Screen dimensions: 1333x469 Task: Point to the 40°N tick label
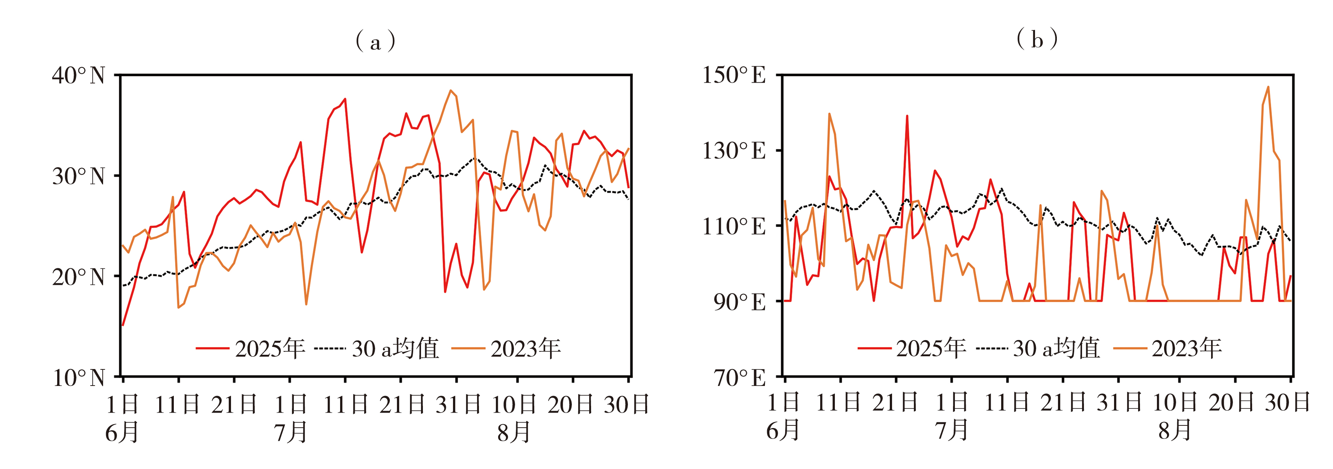(79, 76)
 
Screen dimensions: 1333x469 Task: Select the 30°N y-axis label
(79, 176)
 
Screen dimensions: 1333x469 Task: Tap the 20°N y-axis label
(79, 277)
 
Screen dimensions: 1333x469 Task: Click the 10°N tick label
(79, 378)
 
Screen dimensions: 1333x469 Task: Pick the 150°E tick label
(734, 76)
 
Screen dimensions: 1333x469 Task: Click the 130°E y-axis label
(734, 151)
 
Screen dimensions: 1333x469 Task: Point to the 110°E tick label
(734, 227)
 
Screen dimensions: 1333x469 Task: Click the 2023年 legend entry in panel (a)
(506, 348)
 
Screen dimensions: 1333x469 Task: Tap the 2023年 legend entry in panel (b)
(1167, 348)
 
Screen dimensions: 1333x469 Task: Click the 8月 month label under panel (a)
(514, 432)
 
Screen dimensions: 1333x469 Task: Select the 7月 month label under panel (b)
(951, 430)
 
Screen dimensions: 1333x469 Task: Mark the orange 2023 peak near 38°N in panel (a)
(451, 91)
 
